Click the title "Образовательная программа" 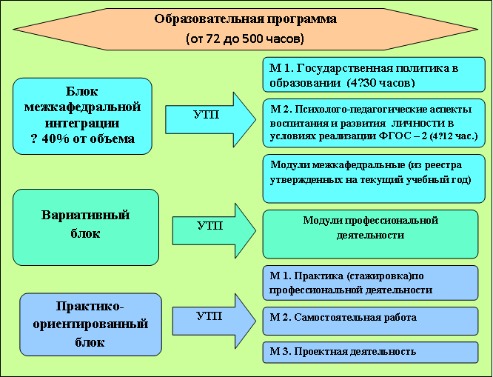click(245, 19)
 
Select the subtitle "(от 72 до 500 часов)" click(245, 38)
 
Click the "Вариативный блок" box click(85, 227)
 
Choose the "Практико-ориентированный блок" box click(90, 324)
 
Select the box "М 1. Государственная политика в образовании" click(374, 73)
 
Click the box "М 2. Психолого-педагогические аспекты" click(374, 121)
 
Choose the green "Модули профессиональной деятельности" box click(371, 233)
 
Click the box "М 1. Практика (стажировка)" click(371, 282)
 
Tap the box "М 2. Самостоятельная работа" click(371, 318)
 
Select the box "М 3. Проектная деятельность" click(371, 351)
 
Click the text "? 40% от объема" click(83, 139)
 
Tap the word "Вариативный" click(85, 216)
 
